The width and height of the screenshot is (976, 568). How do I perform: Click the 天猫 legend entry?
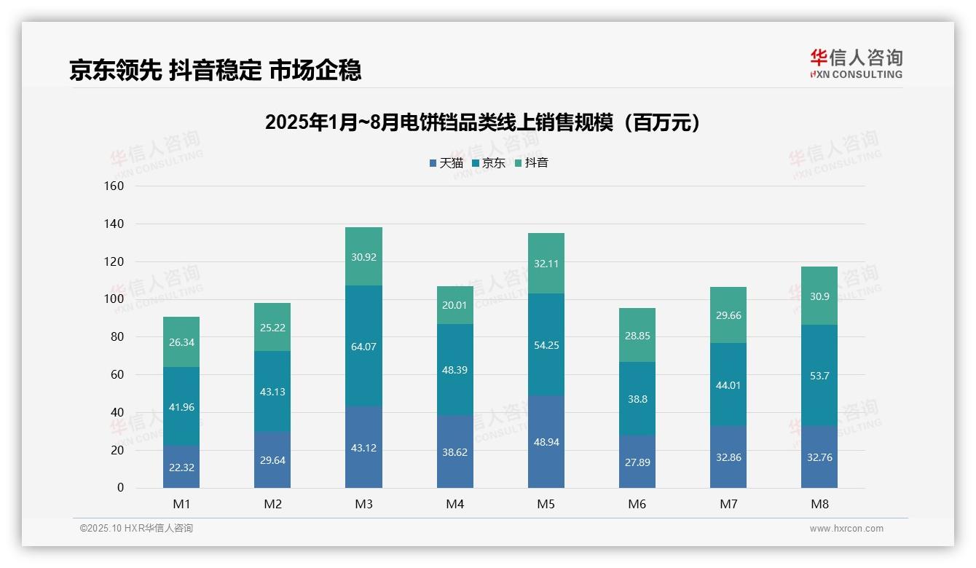click(x=446, y=163)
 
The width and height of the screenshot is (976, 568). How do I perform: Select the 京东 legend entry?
click(x=489, y=163)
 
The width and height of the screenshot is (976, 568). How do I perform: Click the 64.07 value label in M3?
click(x=363, y=347)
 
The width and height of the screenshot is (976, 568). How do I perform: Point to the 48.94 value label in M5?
click(x=546, y=442)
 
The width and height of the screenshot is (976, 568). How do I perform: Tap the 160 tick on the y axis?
click(x=114, y=186)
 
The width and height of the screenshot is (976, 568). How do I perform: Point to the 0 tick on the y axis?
click(x=120, y=488)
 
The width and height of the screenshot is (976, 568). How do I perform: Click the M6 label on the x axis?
click(x=637, y=505)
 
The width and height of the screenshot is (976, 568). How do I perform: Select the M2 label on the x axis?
click(x=272, y=505)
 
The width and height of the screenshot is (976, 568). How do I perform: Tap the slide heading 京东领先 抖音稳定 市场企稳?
click(x=216, y=71)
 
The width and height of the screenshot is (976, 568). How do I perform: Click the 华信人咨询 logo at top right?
click(x=856, y=63)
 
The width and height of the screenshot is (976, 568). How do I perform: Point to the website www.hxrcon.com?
click(x=846, y=529)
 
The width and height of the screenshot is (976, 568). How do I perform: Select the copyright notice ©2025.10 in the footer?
click(x=136, y=529)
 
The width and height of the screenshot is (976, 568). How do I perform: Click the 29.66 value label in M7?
click(x=728, y=315)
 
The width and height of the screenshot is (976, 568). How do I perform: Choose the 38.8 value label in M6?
click(x=637, y=399)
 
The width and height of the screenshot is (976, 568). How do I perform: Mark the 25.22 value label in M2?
click(x=272, y=328)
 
